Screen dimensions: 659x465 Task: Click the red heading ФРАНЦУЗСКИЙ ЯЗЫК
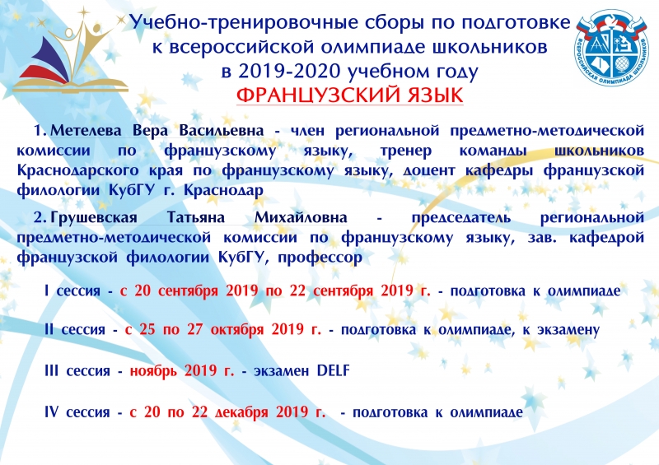pyautogui.click(x=349, y=95)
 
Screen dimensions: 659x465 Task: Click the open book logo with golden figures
pyautogui.click(x=70, y=50)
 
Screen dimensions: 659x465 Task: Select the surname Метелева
pyautogui.click(x=86, y=131)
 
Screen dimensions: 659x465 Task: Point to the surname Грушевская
pyautogui.click(x=94, y=217)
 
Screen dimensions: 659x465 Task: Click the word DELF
pyautogui.click(x=333, y=370)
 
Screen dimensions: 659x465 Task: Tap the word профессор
pyautogui.click(x=320, y=257)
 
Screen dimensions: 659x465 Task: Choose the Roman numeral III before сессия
pyautogui.click(x=51, y=370)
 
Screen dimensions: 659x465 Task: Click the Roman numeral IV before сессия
pyautogui.click(x=51, y=412)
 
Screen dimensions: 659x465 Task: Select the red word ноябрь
pyautogui.click(x=153, y=371)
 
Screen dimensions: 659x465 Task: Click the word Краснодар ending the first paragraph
pyautogui.click(x=223, y=190)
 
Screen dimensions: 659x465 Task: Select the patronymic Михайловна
pyautogui.click(x=301, y=217)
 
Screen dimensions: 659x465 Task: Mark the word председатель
pyautogui.click(x=461, y=218)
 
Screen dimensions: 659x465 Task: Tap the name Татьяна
pyautogui.click(x=196, y=217)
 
